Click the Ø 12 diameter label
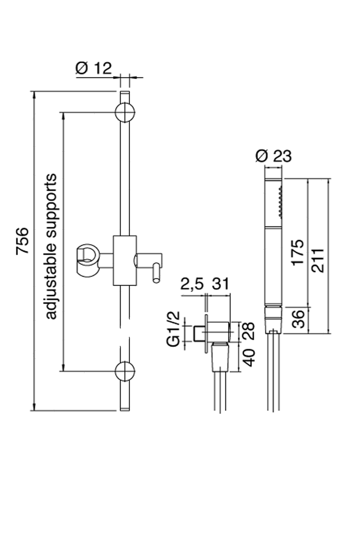[x=93, y=68]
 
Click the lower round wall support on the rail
[x=125, y=371]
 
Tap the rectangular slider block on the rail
[x=125, y=260]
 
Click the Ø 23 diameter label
[x=274, y=156]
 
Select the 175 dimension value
[x=298, y=252]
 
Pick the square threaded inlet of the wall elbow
[x=198, y=333]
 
